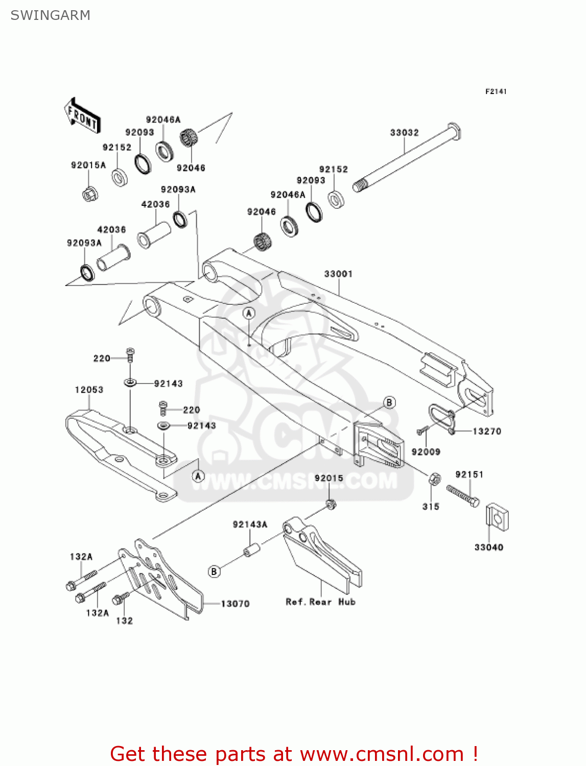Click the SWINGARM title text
coord(50,15)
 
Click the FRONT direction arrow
coord(82,115)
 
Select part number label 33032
coord(404,132)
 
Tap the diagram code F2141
coord(496,91)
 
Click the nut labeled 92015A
coord(90,194)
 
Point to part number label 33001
coord(338,274)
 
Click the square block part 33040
coord(497,518)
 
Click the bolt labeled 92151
coord(463,496)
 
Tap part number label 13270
coord(486,431)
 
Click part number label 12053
coord(89,390)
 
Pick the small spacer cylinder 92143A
coord(251,550)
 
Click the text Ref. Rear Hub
coord(320,602)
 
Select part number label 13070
coord(235,604)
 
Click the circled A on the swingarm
coord(249,313)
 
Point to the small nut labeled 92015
coord(331,504)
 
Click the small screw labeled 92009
coord(422,431)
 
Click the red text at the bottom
coord(294,754)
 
